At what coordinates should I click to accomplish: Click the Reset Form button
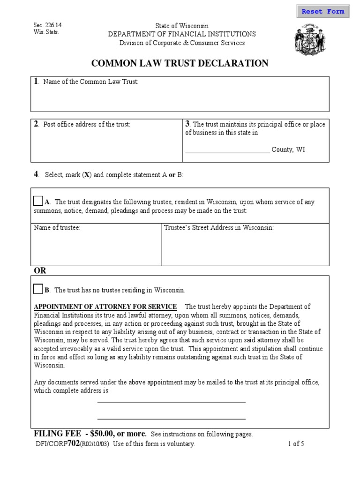(322, 12)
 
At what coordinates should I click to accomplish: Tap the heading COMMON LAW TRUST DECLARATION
(180, 63)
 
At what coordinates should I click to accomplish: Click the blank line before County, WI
(227, 150)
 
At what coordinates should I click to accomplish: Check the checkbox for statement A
(38, 201)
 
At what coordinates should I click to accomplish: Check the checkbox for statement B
(38, 289)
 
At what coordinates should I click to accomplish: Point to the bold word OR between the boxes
(40, 271)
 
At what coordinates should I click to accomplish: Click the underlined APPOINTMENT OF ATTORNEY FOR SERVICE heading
(105, 307)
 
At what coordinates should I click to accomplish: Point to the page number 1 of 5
(296, 444)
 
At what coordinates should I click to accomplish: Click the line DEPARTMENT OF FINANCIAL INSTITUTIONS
(182, 34)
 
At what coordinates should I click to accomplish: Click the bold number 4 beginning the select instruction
(35, 174)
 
